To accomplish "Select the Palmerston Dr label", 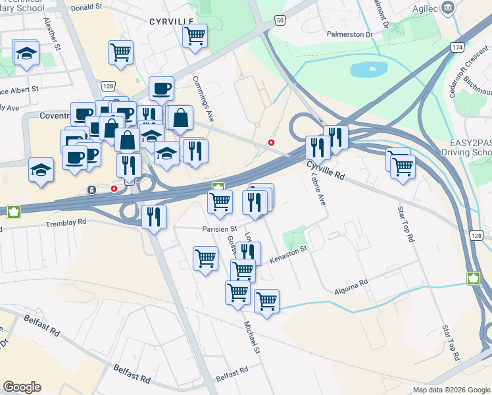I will [x=349, y=34].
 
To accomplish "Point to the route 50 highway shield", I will [x=280, y=21].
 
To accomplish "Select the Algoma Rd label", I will [x=351, y=287].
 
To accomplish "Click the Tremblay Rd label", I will [x=66, y=223].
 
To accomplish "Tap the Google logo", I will [x=22, y=387].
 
